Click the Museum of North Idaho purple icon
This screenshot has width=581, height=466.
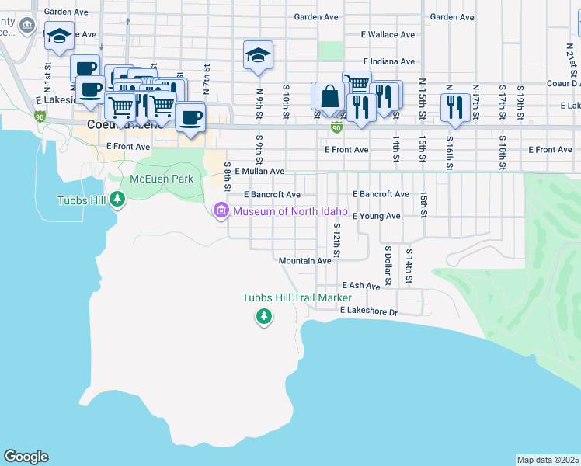[x=221, y=210]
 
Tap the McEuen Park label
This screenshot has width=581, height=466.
[x=161, y=179]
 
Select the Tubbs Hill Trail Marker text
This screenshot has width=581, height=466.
[x=297, y=297]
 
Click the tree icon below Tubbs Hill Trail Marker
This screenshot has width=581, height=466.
[x=264, y=316]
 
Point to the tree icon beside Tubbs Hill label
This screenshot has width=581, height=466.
[x=117, y=200]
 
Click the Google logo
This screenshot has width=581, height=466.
[x=26, y=457]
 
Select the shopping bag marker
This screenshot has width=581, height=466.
[x=329, y=97]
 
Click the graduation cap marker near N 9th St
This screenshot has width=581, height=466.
[x=258, y=55]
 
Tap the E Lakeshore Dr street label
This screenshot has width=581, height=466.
[x=368, y=311]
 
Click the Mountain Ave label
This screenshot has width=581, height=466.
[x=304, y=261]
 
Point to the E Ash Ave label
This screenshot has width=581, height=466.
[x=360, y=286]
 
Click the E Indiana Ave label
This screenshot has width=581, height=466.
[x=389, y=61]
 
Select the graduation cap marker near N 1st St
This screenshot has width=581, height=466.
[x=59, y=36]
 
